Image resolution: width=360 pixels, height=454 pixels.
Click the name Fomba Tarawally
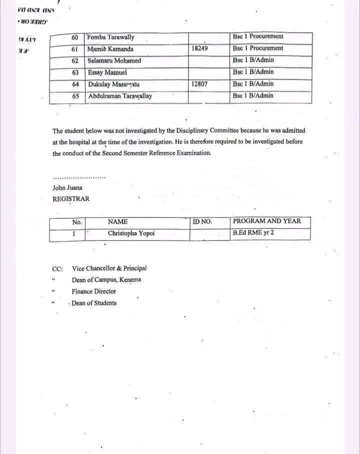tap(110, 37)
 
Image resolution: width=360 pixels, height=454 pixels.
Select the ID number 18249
tap(199, 49)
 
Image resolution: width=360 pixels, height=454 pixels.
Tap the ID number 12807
tap(199, 84)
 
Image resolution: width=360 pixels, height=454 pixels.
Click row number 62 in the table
tap(75, 61)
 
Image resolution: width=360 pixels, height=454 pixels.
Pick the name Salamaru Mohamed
tap(114, 61)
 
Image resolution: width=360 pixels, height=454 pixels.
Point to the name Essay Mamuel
tap(107, 72)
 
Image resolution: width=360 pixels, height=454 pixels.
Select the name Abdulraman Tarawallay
tap(120, 96)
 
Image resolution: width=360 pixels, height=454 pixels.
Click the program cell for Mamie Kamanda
tap(257, 48)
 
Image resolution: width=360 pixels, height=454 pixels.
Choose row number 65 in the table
tap(75, 96)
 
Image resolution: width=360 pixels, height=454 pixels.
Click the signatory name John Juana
tap(68, 188)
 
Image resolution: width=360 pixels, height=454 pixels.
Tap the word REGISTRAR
tap(71, 199)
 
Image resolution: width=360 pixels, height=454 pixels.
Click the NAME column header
tap(117, 221)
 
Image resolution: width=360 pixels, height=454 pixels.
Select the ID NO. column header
tap(202, 221)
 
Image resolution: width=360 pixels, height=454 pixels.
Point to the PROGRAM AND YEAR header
tap(267, 221)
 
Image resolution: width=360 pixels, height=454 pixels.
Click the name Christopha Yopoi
tap(131, 233)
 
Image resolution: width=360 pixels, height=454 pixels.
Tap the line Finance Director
tap(94, 291)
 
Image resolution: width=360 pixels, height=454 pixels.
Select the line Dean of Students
tap(94, 303)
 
